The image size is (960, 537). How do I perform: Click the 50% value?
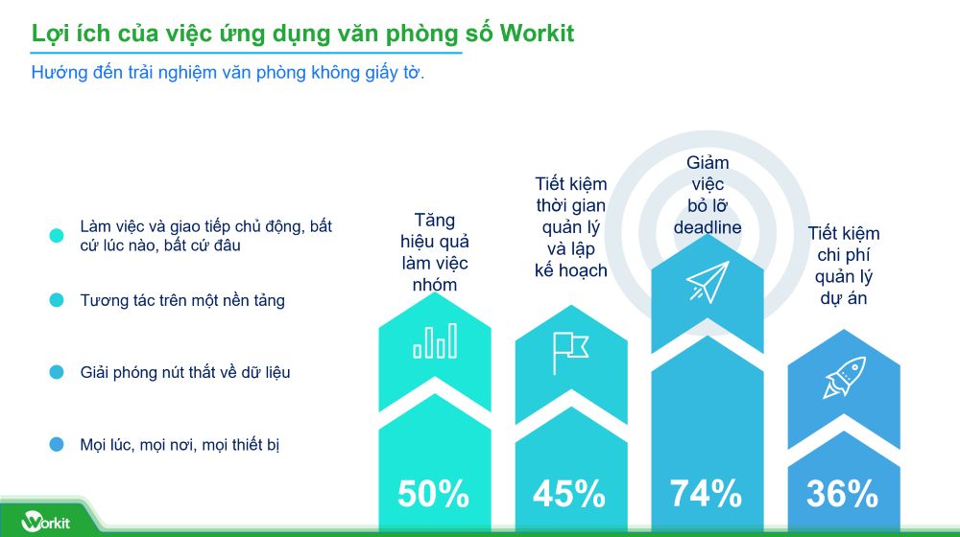click(433, 494)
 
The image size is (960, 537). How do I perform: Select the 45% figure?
click(569, 494)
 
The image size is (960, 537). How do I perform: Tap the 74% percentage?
click(706, 494)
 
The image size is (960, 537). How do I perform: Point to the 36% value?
click(842, 494)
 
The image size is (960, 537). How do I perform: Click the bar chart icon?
click(435, 340)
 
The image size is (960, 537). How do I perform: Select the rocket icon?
click(843, 377)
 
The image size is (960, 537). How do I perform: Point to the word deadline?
click(708, 227)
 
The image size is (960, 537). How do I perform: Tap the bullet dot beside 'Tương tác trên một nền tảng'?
click(57, 300)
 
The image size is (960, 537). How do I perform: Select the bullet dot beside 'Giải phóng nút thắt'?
click(57, 372)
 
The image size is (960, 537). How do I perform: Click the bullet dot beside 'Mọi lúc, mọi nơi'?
click(57, 444)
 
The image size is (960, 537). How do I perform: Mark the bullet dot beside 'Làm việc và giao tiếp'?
click(57, 235)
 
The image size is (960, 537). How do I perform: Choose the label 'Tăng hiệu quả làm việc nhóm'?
click(435, 252)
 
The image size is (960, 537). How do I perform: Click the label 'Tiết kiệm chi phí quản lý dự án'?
click(844, 266)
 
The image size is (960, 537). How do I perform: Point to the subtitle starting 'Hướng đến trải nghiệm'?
click(228, 73)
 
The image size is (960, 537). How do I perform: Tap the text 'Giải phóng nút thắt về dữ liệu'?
click(184, 372)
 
